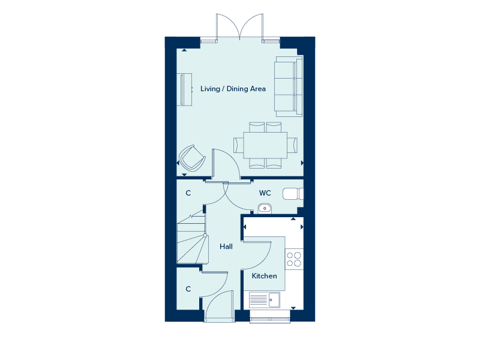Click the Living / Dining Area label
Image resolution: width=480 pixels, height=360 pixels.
click(233, 89)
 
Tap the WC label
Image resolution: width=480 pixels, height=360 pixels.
click(265, 193)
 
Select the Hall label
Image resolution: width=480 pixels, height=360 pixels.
click(226, 247)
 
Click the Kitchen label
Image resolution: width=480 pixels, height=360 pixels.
click(264, 276)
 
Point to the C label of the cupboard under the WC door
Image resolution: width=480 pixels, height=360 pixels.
click(188, 193)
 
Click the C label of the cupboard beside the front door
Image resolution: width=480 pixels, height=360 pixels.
click(188, 289)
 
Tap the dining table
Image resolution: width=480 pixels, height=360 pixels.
click(265, 145)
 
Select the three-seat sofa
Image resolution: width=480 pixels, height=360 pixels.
click(289, 86)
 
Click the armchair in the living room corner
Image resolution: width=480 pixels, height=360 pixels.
click(192, 158)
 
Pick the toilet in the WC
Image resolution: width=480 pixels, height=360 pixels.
click(293, 194)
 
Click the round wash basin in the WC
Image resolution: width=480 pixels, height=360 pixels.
click(265, 208)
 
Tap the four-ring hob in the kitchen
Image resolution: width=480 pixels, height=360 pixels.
click(294, 259)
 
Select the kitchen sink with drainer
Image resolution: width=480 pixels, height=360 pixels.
click(264, 299)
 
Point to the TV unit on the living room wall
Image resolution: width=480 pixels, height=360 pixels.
click(186, 89)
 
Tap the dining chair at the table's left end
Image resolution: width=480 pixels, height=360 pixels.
click(238, 145)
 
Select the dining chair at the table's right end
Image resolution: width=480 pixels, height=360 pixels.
click(292, 145)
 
